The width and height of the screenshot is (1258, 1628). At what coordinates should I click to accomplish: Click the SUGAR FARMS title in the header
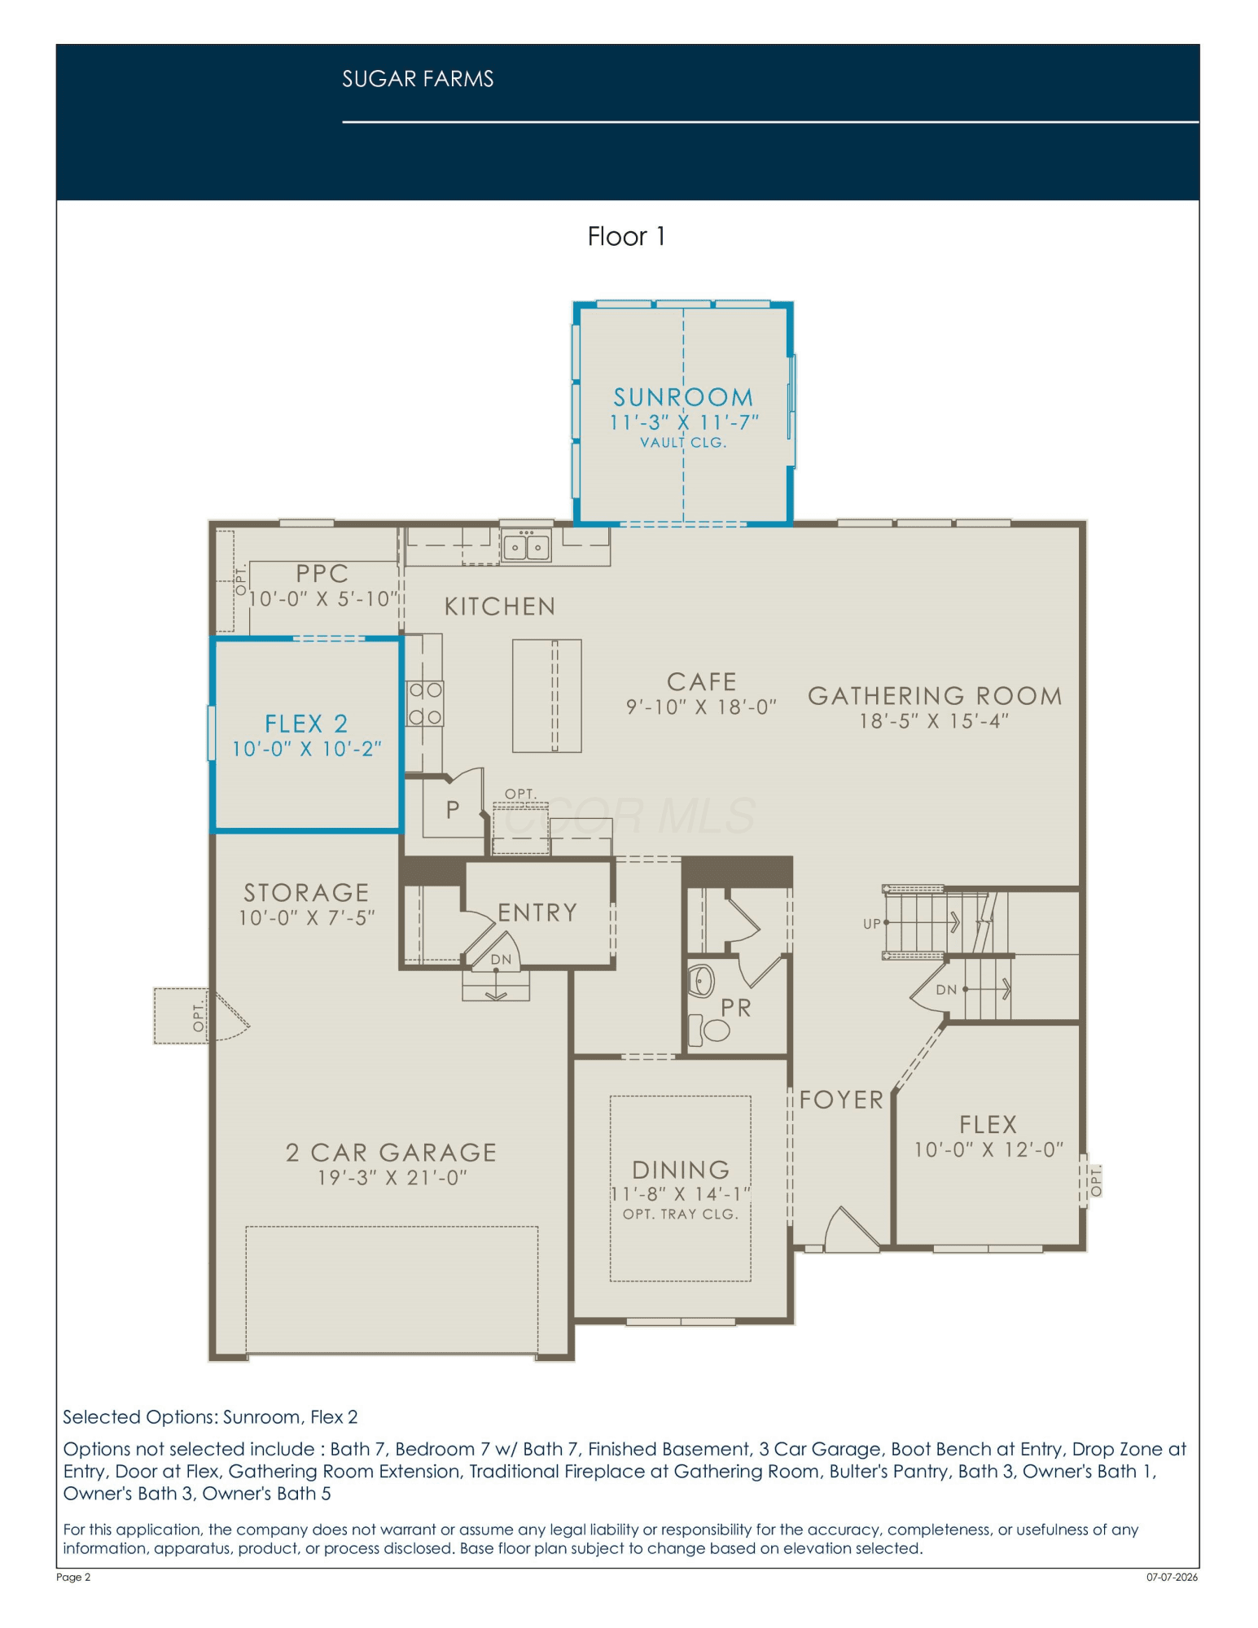coord(418,79)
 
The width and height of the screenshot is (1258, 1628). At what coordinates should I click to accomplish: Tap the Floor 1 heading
coord(626,237)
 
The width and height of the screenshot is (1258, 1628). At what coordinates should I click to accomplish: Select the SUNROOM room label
coord(683,397)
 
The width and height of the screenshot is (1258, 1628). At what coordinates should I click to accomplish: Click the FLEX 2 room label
coord(306,724)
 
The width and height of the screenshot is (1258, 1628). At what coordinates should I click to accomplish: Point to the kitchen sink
coord(526,545)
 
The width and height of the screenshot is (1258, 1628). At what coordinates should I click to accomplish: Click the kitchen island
coord(546,696)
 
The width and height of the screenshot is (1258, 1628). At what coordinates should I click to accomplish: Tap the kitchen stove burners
coord(425,703)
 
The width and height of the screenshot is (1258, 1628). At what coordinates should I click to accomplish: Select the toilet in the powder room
coord(709,1030)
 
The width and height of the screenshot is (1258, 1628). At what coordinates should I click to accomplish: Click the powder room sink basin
coord(701,981)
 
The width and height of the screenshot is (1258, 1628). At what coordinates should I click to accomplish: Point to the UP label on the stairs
coord(872,924)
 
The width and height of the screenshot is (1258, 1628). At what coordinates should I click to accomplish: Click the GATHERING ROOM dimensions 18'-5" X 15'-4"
coord(934,721)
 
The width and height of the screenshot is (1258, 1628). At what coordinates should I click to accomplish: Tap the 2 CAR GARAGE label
coord(391,1153)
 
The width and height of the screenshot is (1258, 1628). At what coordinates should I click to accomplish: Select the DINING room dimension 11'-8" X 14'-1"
coord(681,1194)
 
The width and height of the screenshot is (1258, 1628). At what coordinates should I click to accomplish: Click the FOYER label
coord(841,1100)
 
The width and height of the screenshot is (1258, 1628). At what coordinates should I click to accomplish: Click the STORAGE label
coord(306,893)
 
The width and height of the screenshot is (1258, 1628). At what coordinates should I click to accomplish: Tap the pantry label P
coord(453,810)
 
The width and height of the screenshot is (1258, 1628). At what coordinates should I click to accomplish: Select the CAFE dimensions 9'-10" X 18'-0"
coord(701,707)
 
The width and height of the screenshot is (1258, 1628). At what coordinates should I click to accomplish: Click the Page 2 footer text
coord(73,1578)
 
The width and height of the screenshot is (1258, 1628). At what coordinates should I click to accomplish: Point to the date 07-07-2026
coord(1173,1578)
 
